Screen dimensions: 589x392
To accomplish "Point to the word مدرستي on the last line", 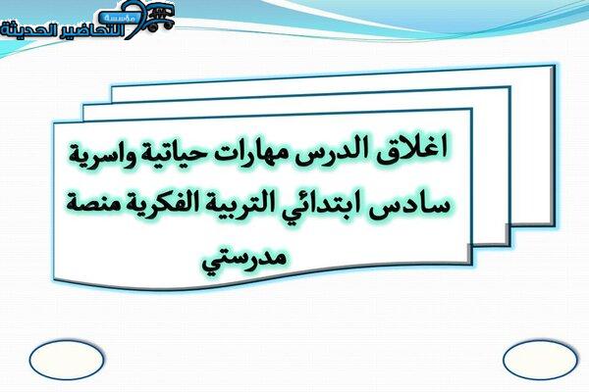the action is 243,260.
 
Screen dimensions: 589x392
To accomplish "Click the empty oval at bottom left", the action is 66,360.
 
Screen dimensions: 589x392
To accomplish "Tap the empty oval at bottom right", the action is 540,360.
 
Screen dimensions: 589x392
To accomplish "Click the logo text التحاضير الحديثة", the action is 63,30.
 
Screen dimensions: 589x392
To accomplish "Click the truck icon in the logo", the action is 161,18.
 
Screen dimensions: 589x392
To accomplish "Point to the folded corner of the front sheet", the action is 469,254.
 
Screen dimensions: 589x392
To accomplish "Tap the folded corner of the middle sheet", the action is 507,234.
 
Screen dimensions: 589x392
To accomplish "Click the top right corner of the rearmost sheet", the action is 555,66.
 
